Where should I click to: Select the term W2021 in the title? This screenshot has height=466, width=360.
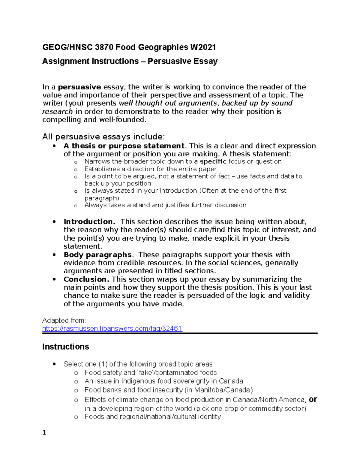click(x=203, y=47)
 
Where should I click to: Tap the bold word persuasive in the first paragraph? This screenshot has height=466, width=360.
click(x=79, y=87)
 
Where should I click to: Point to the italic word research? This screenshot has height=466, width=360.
click(x=57, y=112)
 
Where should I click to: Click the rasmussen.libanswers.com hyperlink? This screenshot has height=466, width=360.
click(x=112, y=329)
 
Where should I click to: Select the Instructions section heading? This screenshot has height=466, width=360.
click(x=65, y=347)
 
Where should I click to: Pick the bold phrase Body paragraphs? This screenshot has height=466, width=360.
click(x=97, y=255)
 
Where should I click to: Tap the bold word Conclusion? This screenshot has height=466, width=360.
click(x=87, y=279)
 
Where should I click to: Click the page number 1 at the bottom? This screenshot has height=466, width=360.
click(x=44, y=432)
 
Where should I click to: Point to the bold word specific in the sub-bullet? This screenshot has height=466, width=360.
click(x=213, y=161)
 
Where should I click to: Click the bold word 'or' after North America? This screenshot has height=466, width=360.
click(x=313, y=399)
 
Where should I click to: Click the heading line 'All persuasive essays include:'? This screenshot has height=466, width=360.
click(x=103, y=137)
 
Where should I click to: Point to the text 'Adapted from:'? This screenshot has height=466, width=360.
click(x=64, y=320)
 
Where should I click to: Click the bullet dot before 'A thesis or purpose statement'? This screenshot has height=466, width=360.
click(x=54, y=146)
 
